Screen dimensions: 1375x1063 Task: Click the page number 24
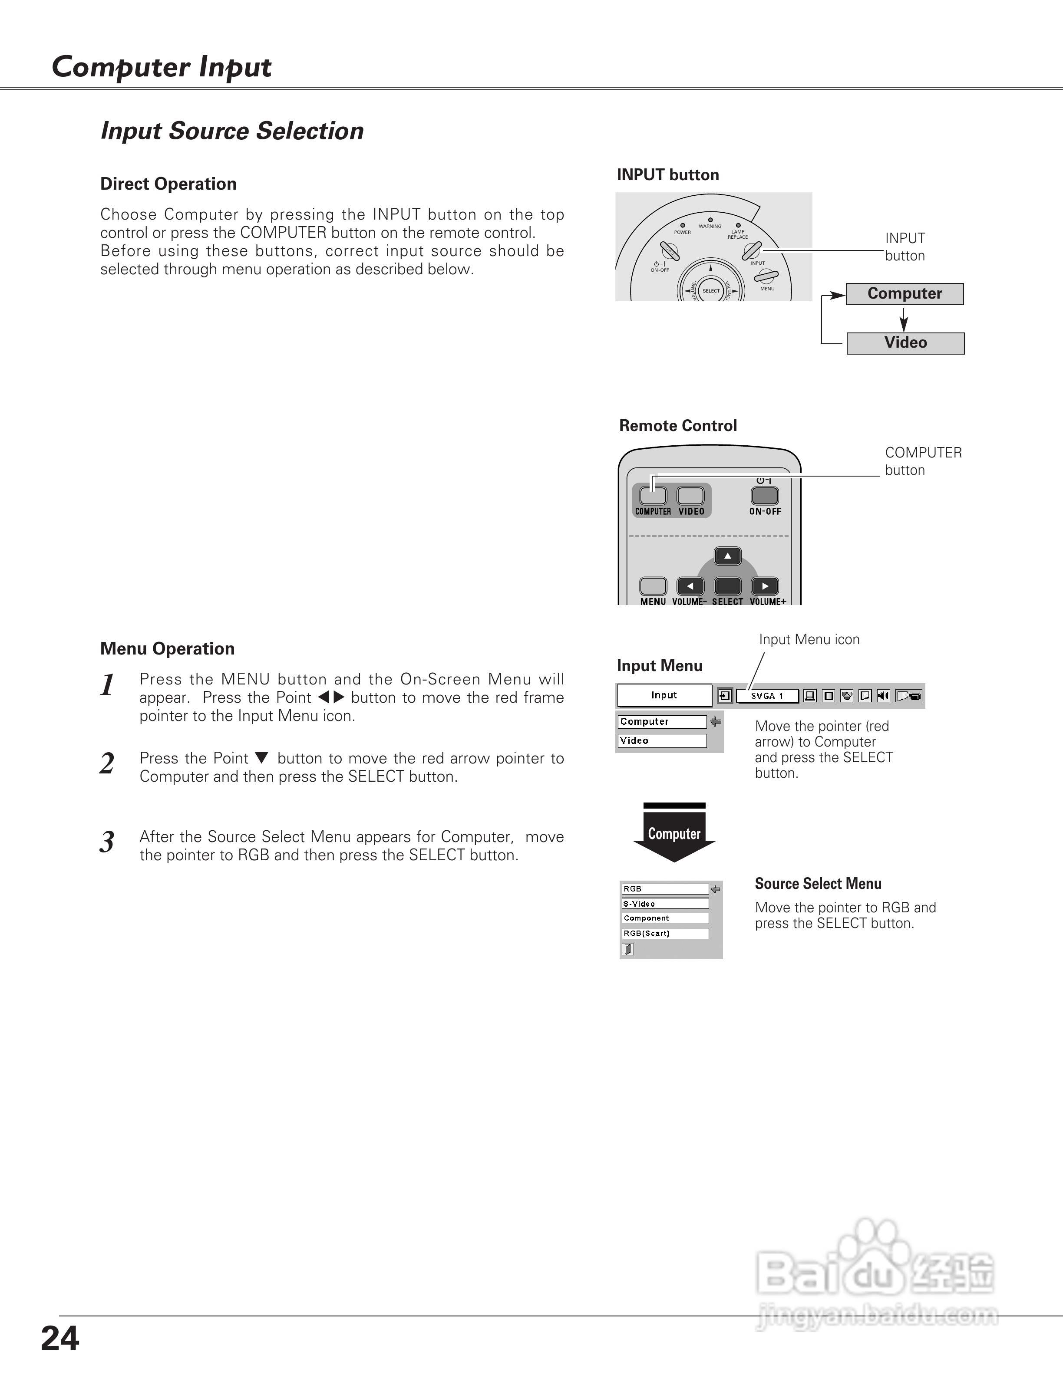pos(60,1338)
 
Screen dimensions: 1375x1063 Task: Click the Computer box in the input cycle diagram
pos(905,294)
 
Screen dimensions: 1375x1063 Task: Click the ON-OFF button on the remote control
pos(765,496)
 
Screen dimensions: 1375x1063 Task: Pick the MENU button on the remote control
pos(653,586)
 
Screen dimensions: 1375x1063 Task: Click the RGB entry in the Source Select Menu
pos(664,889)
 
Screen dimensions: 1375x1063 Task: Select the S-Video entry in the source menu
pos(664,904)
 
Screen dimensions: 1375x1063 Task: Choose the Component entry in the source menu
pos(664,918)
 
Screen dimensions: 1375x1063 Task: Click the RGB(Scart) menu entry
pos(664,934)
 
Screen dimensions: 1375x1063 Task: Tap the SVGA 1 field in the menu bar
pos(767,696)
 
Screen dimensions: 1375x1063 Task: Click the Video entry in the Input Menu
pos(662,741)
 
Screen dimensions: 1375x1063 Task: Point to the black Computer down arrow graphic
pos(674,834)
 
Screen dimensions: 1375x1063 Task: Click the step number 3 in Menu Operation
pos(107,842)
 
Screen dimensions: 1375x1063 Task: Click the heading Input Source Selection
pos(232,131)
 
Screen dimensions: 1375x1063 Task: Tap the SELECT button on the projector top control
pos(711,291)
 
